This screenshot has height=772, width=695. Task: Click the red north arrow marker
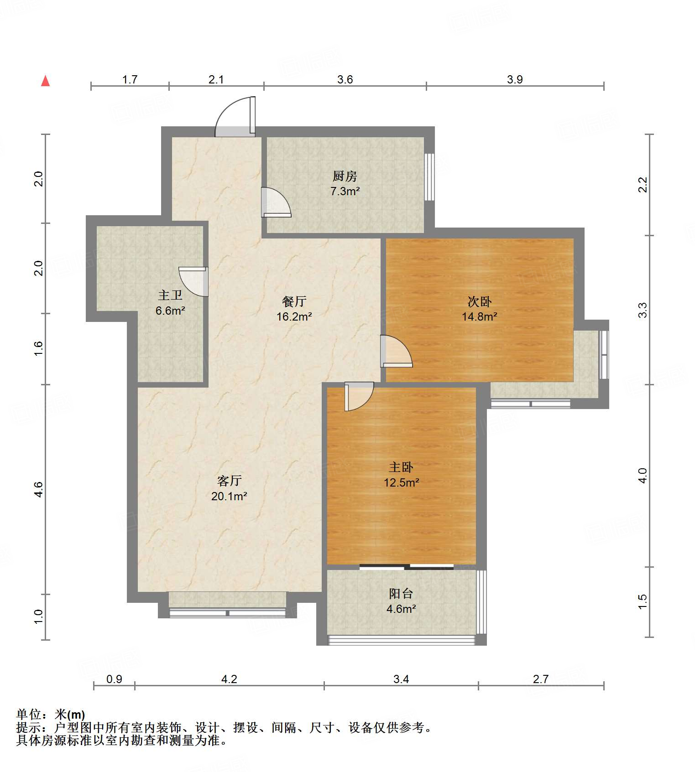(x=45, y=81)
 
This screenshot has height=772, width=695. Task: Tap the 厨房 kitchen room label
(x=345, y=176)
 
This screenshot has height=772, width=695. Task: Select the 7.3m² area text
(x=345, y=192)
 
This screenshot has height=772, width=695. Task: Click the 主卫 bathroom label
(x=170, y=295)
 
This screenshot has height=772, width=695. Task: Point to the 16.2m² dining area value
(x=294, y=316)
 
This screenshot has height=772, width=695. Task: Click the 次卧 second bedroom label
(x=479, y=301)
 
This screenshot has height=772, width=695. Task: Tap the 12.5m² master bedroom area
(x=401, y=482)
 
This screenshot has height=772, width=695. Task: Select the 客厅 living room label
(x=229, y=481)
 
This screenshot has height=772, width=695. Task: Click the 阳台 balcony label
(x=401, y=593)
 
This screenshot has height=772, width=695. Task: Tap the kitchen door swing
(x=276, y=202)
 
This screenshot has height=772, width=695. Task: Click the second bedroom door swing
(x=396, y=352)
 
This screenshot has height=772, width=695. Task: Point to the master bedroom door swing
(x=359, y=396)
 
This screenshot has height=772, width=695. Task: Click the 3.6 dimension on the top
(x=345, y=79)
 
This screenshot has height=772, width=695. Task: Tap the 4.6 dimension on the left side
(x=38, y=489)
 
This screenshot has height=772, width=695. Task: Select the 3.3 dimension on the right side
(x=643, y=310)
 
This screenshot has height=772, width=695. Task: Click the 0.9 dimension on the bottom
(x=114, y=679)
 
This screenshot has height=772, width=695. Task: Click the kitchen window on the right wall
(x=429, y=177)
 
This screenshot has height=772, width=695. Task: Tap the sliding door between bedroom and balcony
(x=406, y=567)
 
